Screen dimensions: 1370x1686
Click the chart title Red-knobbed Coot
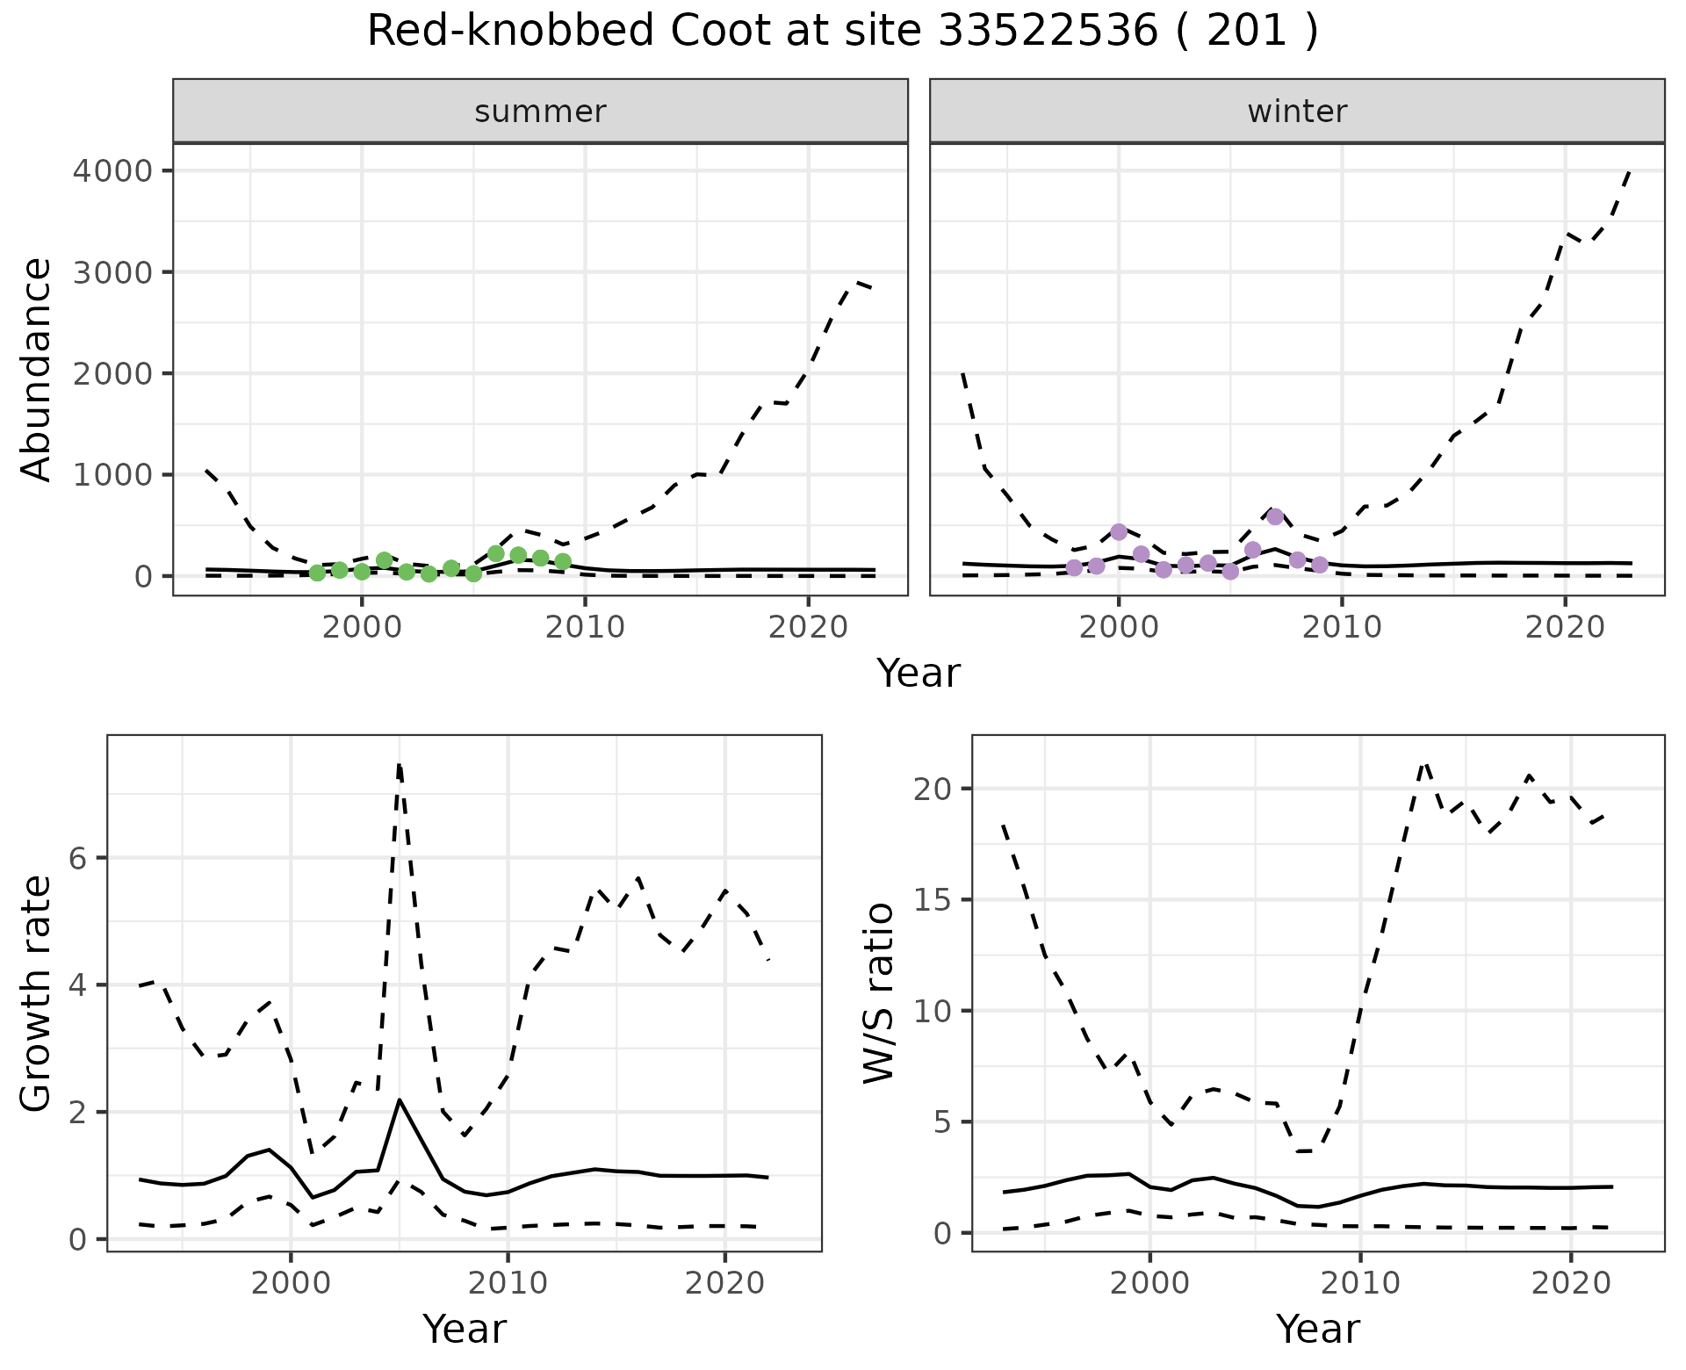tap(842, 32)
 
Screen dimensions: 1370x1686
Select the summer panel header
tap(540, 112)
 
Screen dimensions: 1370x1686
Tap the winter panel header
tap(1297, 112)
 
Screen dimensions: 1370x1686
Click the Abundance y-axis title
tap(37, 370)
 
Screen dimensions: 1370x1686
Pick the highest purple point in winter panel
tap(1275, 516)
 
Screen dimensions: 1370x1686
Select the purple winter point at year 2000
tap(1119, 531)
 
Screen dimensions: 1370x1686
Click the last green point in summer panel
tap(563, 561)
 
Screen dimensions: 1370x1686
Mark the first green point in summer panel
tap(317, 573)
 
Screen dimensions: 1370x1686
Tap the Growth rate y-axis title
tap(37, 992)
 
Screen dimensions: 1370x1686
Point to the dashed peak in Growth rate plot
tap(400, 766)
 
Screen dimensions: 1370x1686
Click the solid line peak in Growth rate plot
tap(400, 1100)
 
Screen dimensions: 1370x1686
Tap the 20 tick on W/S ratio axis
tap(938, 789)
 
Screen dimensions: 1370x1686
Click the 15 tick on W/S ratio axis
tap(938, 900)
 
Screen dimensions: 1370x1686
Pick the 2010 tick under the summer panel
tap(585, 627)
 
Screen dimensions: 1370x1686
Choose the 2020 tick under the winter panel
tap(1565, 627)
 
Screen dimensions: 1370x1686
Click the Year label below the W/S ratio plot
tap(1318, 1329)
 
